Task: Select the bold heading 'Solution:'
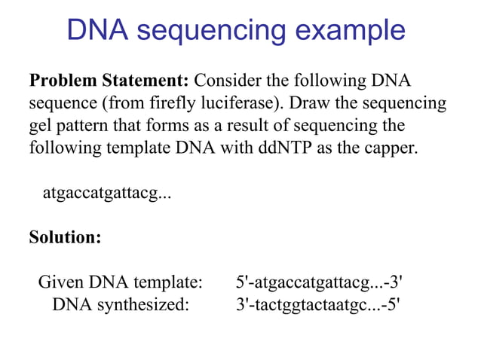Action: [x=65, y=237]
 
